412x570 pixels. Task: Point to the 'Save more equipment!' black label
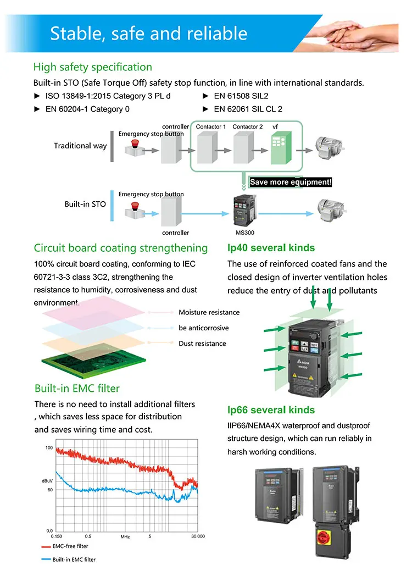point(291,182)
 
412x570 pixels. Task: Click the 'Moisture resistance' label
point(209,312)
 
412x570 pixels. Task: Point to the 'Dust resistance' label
point(202,344)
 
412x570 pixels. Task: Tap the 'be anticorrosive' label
point(203,328)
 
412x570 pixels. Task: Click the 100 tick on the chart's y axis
point(49,448)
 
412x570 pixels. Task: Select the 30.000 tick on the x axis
point(197,536)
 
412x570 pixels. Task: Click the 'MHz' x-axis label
point(125,536)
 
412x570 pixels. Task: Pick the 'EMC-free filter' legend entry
point(70,546)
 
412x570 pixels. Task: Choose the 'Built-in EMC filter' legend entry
point(74,560)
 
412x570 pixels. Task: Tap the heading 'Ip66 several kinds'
point(271,410)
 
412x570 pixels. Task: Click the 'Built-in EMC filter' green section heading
point(77,389)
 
